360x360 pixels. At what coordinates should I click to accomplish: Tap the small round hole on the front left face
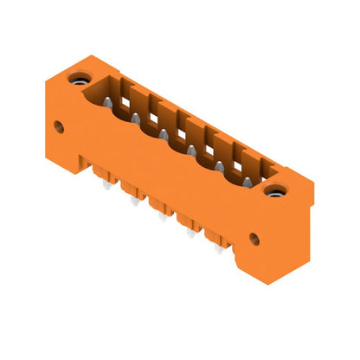click(60, 126)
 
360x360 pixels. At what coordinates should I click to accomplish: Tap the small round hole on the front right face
click(254, 236)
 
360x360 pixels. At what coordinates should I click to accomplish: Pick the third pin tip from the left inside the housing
click(162, 134)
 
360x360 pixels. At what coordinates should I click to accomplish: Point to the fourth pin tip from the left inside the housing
click(190, 150)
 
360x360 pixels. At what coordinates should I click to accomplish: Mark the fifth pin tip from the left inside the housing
click(220, 166)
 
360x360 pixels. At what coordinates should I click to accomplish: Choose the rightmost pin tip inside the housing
click(248, 183)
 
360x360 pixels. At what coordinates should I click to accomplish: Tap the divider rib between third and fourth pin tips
click(177, 137)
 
